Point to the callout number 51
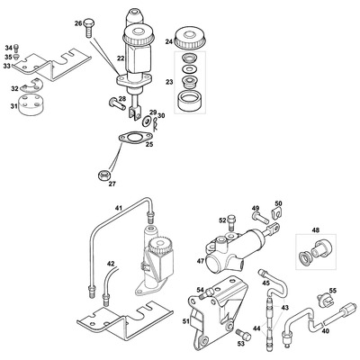[186, 321]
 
